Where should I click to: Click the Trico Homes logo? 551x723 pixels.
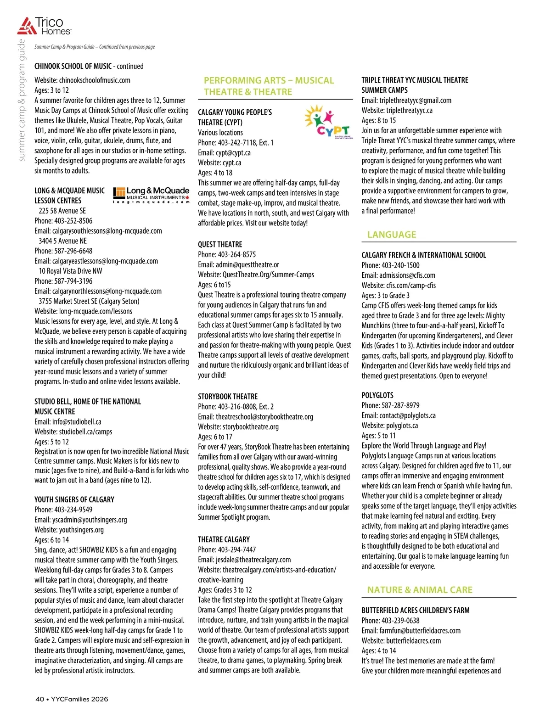(44, 26)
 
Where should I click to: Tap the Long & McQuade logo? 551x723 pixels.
(151, 195)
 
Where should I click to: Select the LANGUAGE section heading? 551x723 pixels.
(392, 235)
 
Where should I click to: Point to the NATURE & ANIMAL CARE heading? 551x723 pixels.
(420, 590)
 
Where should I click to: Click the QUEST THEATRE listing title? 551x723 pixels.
(220, 245)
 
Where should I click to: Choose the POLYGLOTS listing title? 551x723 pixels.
(377, 395)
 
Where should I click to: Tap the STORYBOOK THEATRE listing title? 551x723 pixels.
(228, 397)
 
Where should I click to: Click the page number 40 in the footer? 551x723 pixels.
(40, 699)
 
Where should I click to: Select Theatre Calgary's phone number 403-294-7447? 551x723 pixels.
(237, 549)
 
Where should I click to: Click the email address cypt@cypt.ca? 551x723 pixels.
(233, 153)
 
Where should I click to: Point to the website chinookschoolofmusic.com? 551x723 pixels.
(95, 80)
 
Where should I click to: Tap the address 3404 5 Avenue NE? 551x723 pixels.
(62, 241)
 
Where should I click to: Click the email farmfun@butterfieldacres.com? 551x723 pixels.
(420, 631)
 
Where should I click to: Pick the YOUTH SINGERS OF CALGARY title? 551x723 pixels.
(74, 499)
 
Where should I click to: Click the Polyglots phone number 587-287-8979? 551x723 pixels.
(400, 405)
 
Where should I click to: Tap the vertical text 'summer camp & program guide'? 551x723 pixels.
(22, 101)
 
